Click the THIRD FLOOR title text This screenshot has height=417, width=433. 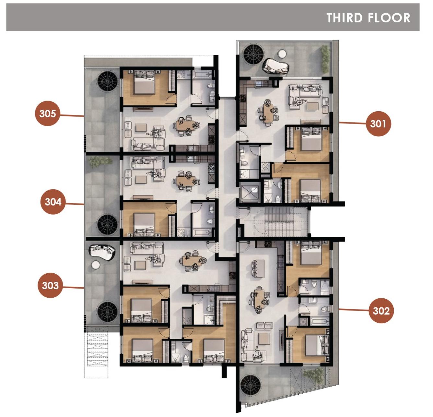368,18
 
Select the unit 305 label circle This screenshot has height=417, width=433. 48,113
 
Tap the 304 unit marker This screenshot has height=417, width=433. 53,202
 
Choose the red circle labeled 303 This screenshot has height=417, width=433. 50,285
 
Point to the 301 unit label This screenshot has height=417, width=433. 378,124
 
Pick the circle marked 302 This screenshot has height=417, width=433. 381,311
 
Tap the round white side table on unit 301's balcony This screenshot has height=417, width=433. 282,54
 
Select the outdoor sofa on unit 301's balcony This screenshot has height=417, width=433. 276,66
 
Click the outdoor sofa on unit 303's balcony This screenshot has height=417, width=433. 102,252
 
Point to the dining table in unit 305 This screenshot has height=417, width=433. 185,125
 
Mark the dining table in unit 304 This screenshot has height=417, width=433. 185,181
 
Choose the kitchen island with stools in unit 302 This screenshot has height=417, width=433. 258,268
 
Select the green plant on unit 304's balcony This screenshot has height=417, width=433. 100,161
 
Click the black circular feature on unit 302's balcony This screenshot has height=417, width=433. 251,385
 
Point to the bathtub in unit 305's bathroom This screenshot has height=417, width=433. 202,75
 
